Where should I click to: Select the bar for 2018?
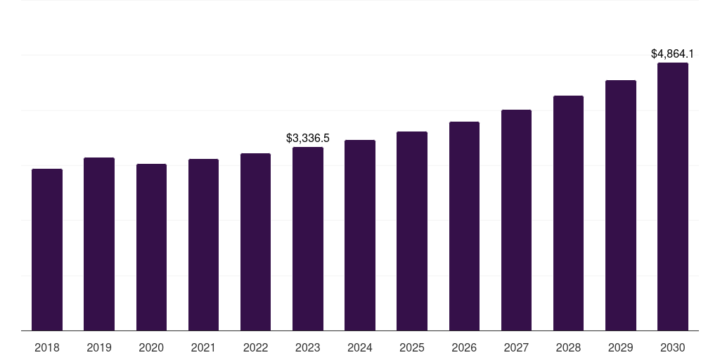click(47, 250)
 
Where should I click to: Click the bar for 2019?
click(99, 244)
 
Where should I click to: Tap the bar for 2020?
click(152, 247)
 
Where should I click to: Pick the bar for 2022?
click(255, 242)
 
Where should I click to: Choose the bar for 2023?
click(308, 239)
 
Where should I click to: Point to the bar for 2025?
click(412, 231)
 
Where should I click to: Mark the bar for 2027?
click(516, 220)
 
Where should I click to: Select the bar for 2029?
click(621, 205)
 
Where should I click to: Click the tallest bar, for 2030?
click(673, 197)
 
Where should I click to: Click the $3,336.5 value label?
click(308, 139)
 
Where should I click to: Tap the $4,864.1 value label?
click(673, 53)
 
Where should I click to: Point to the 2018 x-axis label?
click(47, 347)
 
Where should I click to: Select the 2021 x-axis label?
click(203, 347)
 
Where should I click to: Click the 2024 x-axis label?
click(360, 347)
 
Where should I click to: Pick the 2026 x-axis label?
click(464, 347)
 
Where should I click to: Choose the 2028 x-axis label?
click(568, 347)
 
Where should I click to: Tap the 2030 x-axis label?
click(673, 347)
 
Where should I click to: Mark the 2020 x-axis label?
click(152, 347)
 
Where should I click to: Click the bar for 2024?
click(360, 235)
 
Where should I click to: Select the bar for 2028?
click(568, 213)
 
